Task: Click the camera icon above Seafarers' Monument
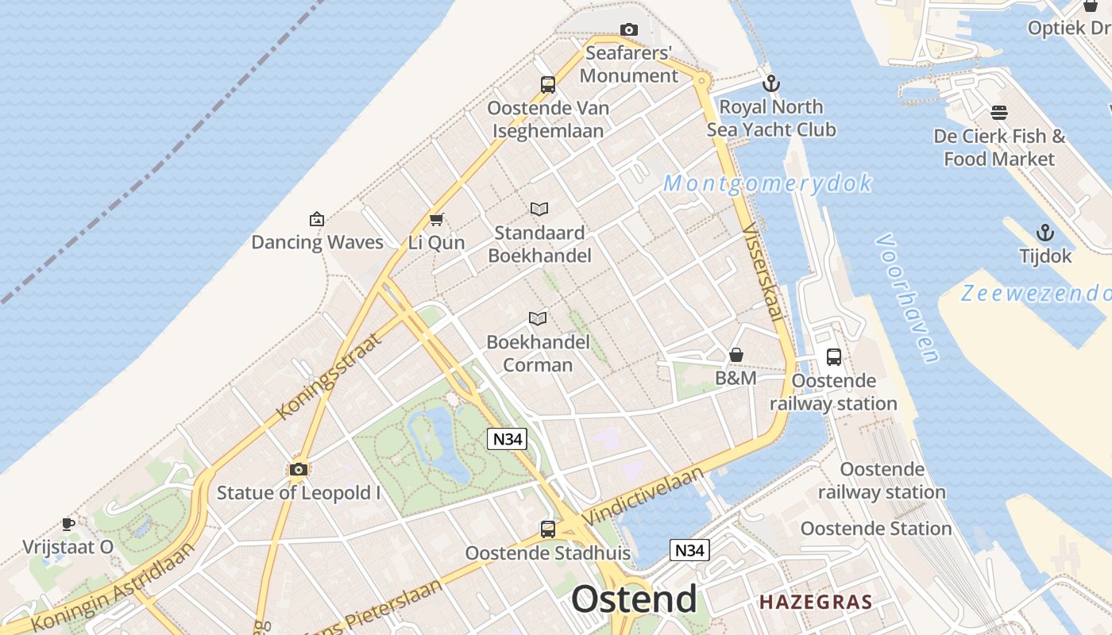point(628,30)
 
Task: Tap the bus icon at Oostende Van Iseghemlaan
point(547,85)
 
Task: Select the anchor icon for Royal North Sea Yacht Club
point(770,83)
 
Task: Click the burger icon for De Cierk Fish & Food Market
point(999,113)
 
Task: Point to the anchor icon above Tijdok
point(1045,233)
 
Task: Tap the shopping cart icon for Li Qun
point(435,220)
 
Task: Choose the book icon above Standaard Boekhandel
point(539,210)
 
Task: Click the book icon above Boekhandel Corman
point(538,319)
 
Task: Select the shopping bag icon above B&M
point(736,355)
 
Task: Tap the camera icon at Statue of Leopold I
point(299,469)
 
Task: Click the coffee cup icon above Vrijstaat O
point(68,524)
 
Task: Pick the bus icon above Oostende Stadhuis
point(547,529)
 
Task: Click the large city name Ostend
point(634,599)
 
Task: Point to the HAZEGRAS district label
point(816,602)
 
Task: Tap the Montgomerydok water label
point(767,184)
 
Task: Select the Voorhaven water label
point(908,297)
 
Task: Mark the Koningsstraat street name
point(329,376)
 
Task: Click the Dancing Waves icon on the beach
point(316,219)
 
